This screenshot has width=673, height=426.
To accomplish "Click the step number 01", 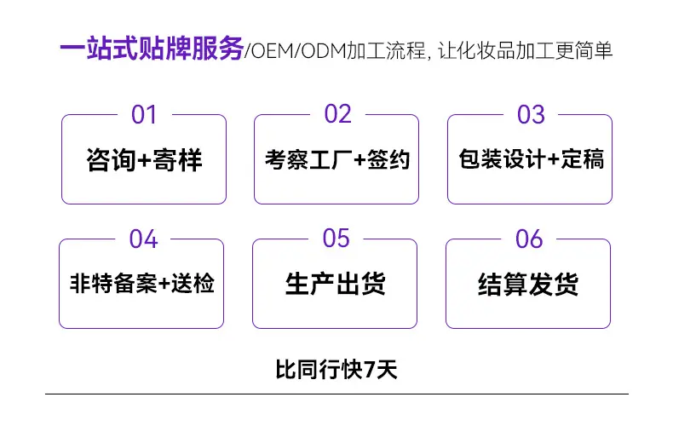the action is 144,115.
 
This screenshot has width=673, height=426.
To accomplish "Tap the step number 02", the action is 338,114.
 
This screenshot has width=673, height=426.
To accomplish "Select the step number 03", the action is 531,115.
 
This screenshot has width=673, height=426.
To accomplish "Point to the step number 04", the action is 143,239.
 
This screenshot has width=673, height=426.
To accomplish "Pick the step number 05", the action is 336,239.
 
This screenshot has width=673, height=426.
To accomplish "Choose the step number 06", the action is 529,239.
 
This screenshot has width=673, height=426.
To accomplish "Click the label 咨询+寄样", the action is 144,160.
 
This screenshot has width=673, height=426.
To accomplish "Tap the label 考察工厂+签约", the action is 337,160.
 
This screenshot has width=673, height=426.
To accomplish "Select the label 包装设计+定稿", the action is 532,158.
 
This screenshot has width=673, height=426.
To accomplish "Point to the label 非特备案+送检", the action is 141,284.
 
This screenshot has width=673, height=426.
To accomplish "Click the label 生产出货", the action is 335,284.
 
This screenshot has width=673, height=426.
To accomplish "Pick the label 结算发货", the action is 528,284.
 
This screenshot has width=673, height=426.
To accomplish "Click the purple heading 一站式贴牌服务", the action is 152,48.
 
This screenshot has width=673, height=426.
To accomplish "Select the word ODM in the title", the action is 324,51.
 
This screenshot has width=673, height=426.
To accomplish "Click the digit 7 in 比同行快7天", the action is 370,370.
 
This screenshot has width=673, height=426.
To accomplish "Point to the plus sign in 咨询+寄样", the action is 144,161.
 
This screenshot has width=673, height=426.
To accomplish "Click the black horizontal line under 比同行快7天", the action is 336,394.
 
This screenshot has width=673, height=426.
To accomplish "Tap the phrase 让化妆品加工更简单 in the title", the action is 525,50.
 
